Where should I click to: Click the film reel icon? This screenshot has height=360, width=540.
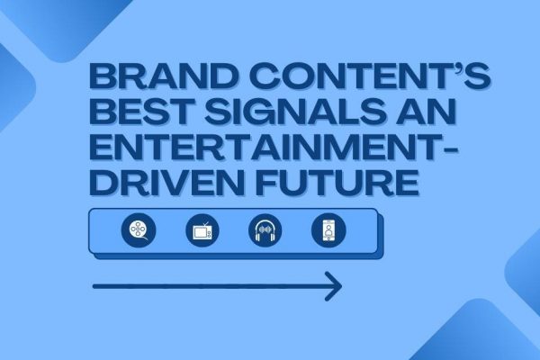pyautogui.click(x=139, y=230)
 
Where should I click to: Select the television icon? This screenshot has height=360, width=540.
pyautogui.click(x=202, y=230)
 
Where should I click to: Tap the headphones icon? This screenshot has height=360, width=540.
pyautogui.click(x=265, y=230)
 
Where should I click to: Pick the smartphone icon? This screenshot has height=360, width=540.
pyautogui.click(x=328, y=230)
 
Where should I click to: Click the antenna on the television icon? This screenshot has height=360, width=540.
pyautogui.click(x=205, y=225)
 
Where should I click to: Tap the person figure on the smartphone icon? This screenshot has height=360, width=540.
pyautogui.click(x=328, y=230)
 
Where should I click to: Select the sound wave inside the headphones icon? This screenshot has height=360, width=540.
pyautogui.click(x=265, y=229)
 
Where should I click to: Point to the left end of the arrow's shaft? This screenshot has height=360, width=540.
pyautogui.click(x=94, y=286)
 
